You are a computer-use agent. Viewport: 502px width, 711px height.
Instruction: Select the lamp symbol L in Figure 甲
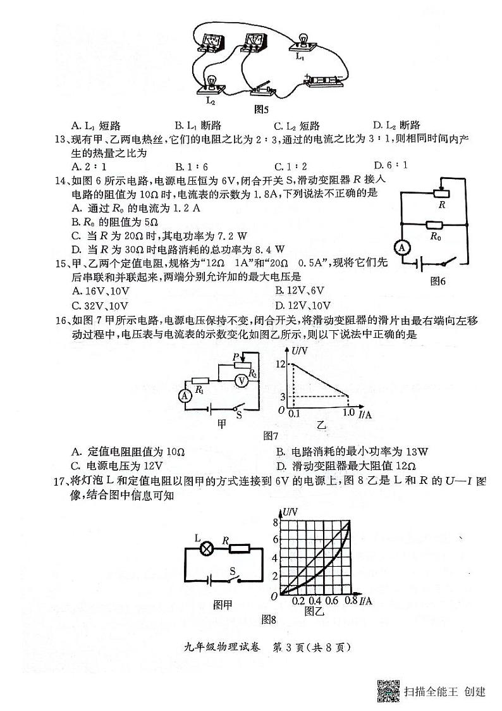pos(206,548)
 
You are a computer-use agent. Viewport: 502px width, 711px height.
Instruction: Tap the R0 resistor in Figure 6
pos(434,225)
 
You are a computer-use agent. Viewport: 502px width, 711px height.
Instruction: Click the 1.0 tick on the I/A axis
pos(348,412)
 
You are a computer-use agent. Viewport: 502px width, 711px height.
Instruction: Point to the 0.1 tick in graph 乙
pos(294,412)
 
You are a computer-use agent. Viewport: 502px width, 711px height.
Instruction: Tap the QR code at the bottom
pos(388,691)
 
